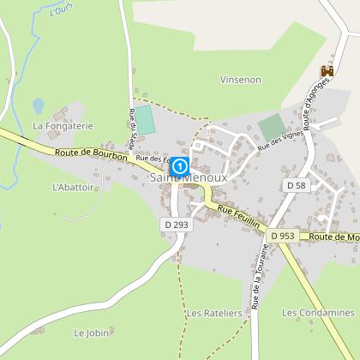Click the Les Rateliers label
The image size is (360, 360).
point(209,313)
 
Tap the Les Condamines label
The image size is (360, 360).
point(318,313)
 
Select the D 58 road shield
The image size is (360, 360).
point(296,185)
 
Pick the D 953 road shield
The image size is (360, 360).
point(280,235)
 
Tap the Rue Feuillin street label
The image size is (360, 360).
point(237,210)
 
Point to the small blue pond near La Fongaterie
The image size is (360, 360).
point(38,105)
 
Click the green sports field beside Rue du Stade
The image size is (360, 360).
point(147,119)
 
